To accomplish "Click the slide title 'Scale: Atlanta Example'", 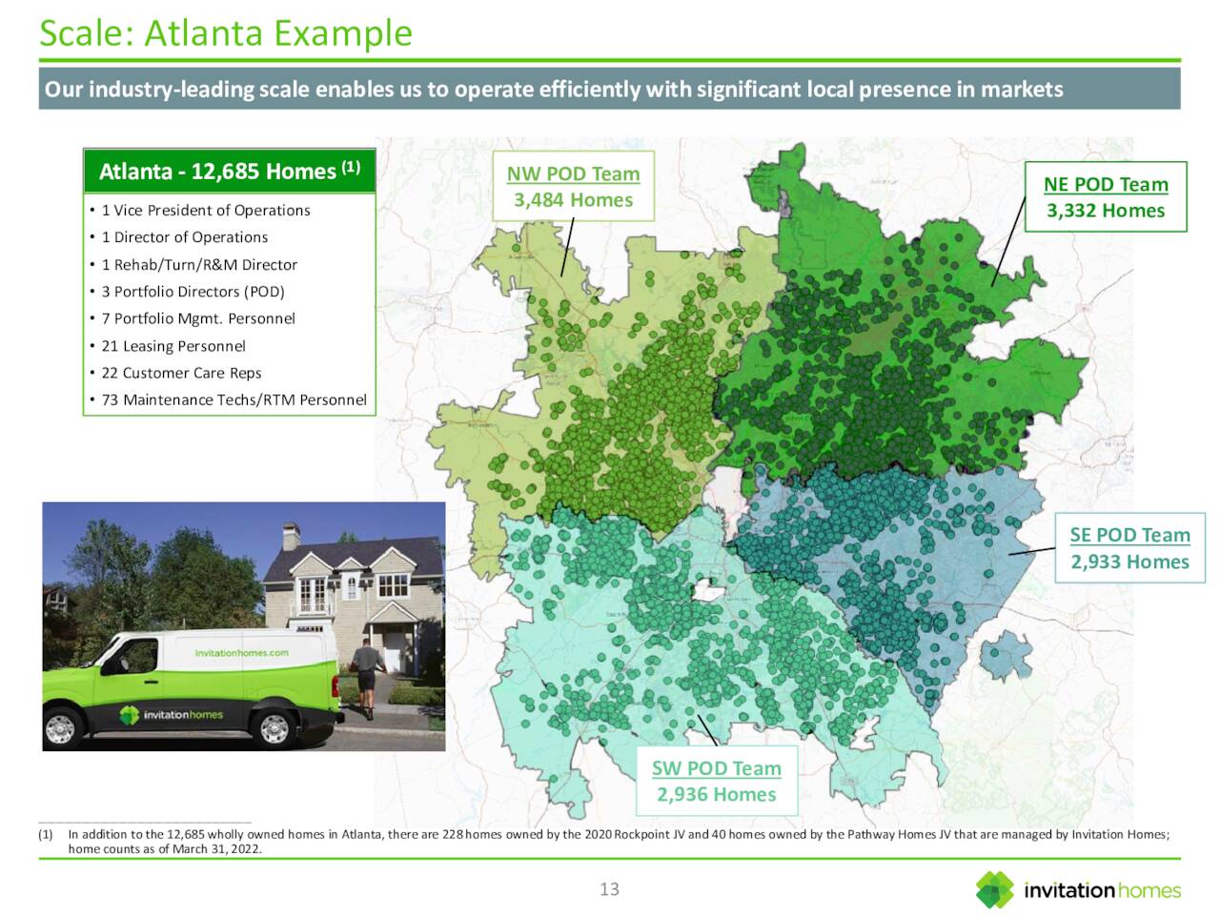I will [x=226, y=33].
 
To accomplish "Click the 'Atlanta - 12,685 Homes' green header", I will [x=229, y=172].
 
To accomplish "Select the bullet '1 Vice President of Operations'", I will [x=206, y=211].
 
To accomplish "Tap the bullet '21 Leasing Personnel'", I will [x=173, y=346].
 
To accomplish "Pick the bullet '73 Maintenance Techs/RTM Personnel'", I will [x=234, y=400].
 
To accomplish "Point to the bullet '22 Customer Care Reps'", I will [x=181, y=374].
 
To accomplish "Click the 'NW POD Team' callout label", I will [x=573, y=174].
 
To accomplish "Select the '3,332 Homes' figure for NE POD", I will [x=1106, y=211].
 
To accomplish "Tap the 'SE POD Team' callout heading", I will [x=1129, y=536].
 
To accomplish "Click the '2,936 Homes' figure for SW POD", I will [x=717, y=795].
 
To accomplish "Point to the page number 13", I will [x=610, y=889].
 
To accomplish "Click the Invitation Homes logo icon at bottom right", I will [x=995, y=890].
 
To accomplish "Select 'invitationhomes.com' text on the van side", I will [x=241, y=653].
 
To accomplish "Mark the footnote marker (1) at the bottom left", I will [x=45, y=835].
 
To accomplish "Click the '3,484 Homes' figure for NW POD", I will [x=573, y=200].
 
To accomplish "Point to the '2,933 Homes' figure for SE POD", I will [x=1129, y=562].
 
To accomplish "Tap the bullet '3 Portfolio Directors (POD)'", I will [x=193, y=292].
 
